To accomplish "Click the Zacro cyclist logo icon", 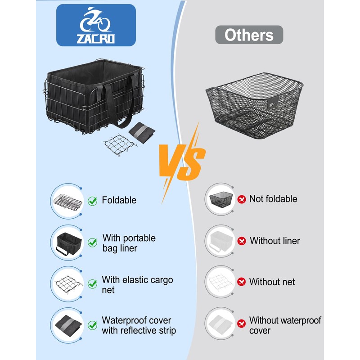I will [95, 19].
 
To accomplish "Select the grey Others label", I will [249, 35].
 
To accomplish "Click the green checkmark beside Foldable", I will [92, 201].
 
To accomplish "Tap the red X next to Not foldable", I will [242, 199].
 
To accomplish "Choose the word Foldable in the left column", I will [119, 200].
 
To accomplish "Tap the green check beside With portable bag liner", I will [92, 243].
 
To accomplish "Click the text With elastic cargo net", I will [137, 285].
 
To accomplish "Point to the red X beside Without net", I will [242, 282].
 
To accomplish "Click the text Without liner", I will [274, 241].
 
